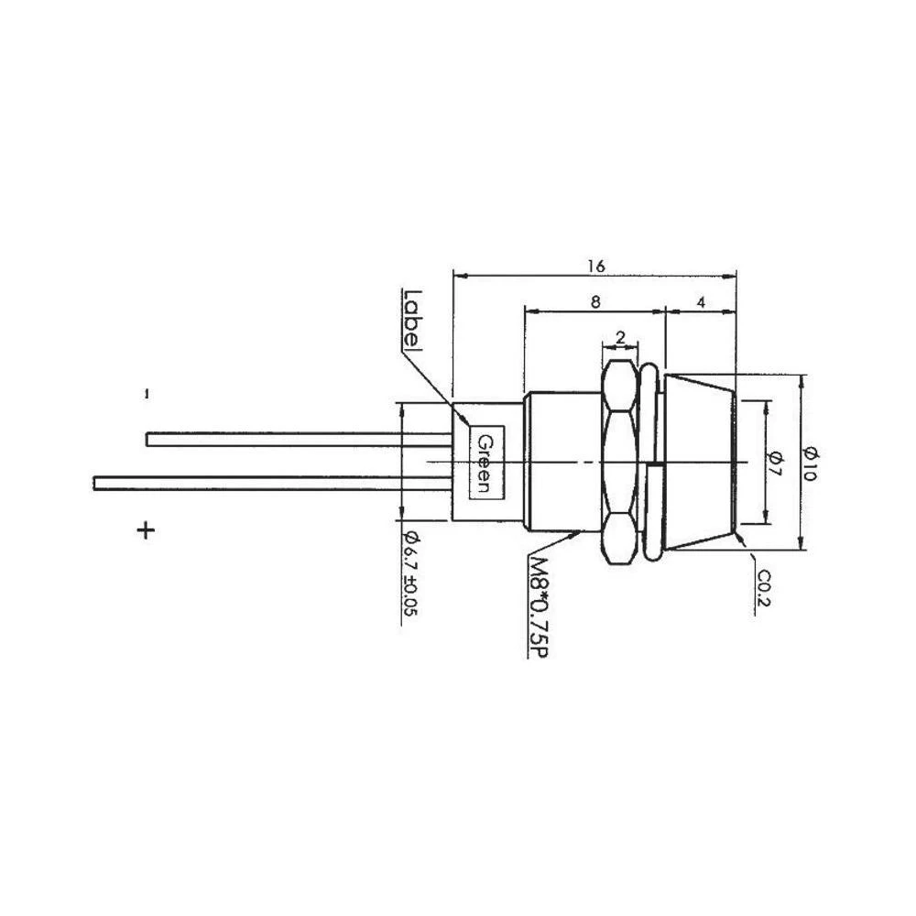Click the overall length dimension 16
596,266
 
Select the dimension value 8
595,300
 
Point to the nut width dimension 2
620,338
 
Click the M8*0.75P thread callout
539,606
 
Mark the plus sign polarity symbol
145,530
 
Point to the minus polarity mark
146,394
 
